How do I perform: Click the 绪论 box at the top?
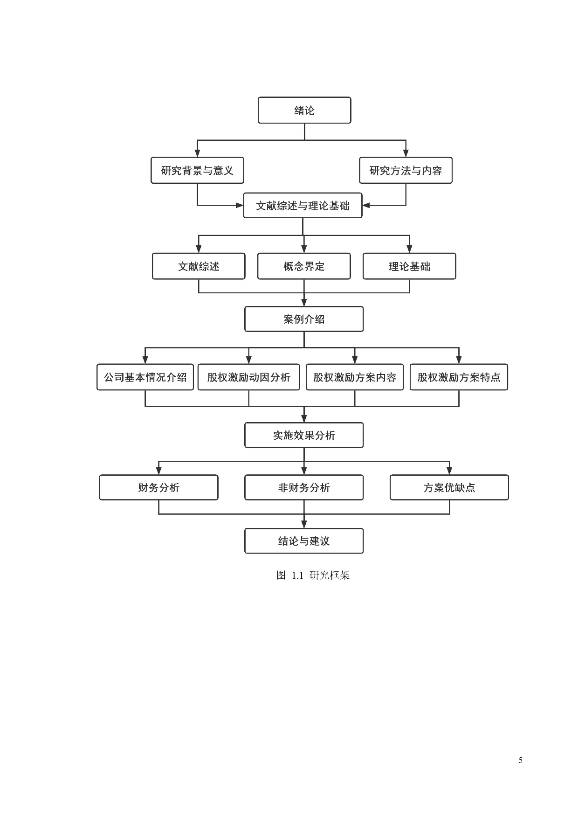304,111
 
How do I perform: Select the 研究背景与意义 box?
197,171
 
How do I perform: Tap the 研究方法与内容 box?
406,171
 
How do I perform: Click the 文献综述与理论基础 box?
303,206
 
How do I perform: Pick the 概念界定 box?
304,266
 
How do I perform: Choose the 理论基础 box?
409,266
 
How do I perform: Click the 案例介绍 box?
304,319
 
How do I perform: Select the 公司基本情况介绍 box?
145,377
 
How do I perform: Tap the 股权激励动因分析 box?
248,377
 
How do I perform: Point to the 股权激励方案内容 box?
355,377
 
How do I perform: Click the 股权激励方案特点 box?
459,377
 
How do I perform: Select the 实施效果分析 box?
304,436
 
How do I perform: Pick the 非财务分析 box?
304,488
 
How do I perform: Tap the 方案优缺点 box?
449,488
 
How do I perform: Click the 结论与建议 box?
304,541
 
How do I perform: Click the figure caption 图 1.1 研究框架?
313,575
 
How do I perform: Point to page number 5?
520,760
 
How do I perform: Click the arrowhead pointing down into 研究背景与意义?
197,153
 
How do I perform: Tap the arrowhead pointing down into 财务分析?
159,471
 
